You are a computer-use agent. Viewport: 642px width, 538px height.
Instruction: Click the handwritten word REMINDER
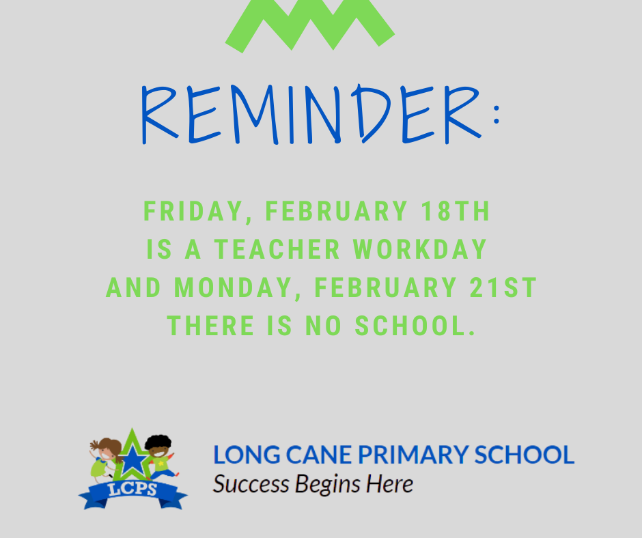(311, 114)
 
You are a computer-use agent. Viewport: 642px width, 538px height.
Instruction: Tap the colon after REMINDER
(497, 114)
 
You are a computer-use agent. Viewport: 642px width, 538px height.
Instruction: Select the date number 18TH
(456, 211)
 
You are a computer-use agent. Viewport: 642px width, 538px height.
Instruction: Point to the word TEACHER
(277, 249)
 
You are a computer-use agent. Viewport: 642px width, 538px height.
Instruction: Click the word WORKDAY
(420, 249)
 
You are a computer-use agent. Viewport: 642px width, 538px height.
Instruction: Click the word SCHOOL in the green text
(415, 326)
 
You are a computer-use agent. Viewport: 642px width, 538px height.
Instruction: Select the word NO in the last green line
(323, 326)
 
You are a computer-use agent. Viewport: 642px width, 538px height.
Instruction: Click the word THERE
(210, 326)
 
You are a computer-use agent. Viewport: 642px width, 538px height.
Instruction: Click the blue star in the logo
(132, 461)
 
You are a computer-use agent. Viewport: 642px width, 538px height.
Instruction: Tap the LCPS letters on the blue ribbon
(132, 489)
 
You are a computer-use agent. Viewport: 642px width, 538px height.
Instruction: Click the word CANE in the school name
(318, 455)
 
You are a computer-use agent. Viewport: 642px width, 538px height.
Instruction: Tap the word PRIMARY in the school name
(413, 455)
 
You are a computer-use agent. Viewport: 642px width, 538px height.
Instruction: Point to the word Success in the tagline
(251, 484)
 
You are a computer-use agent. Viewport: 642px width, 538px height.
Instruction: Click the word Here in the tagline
(389, 484)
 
